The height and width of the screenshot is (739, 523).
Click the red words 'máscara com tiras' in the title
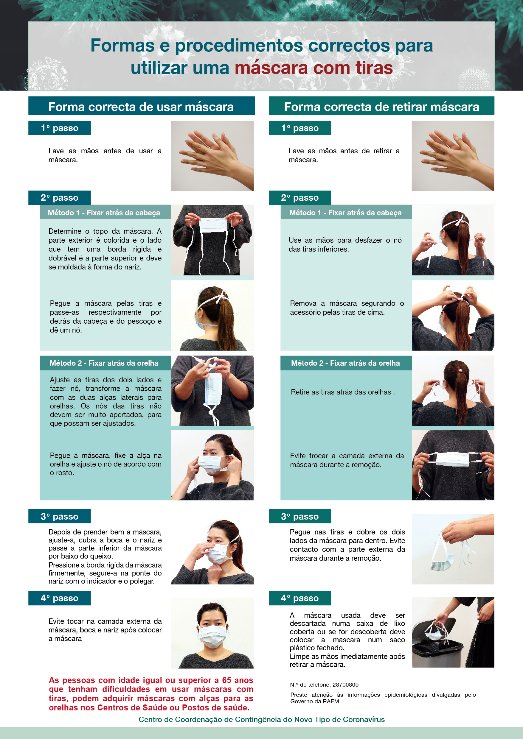[x=314, y=68]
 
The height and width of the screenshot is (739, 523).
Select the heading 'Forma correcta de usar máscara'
[x=141, y=107]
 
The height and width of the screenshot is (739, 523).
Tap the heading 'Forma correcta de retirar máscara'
[x=381, y=107]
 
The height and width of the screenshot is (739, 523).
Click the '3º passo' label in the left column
[x=60, y=516]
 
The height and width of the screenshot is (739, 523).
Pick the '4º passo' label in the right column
[x=300, y=598]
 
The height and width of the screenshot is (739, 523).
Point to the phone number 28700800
[x=345, y=685]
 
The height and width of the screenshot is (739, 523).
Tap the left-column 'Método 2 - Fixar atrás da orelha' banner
[x=104, y=363]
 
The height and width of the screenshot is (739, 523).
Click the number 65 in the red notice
[x=226, y=680]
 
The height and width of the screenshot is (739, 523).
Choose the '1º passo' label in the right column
[x=300, y=128]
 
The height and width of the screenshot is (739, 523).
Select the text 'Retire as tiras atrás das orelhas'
[x=341, y=392]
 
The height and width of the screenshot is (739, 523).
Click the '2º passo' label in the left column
[x=60, y=198]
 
